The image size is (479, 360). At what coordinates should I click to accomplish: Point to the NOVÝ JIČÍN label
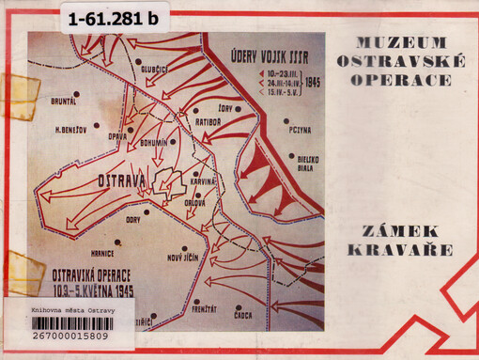coord(186,258)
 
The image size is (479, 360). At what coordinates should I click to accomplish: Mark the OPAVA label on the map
coord(116,136)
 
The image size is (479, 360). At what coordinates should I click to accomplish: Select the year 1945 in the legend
coord(313,83)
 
